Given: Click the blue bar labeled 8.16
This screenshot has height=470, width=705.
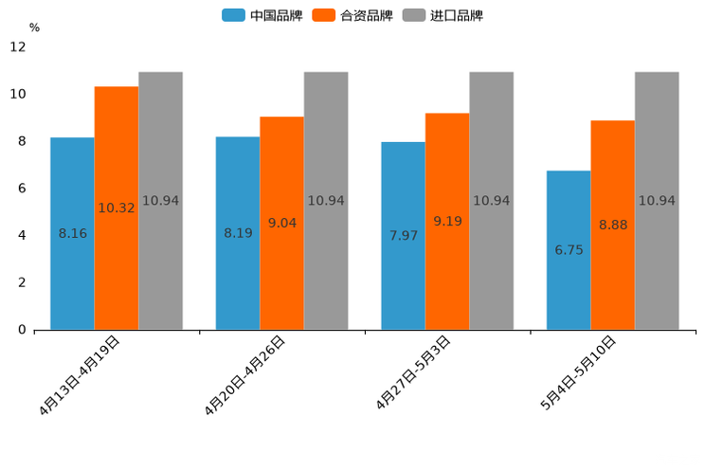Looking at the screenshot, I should coord(72,233).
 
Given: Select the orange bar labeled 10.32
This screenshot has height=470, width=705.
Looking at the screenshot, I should coord(117,208).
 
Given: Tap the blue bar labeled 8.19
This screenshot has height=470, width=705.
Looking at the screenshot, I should coord(238,233).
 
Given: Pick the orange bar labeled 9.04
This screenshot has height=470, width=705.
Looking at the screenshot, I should coord(281,223).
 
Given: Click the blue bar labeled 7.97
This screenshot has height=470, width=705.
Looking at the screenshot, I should coord(403,235).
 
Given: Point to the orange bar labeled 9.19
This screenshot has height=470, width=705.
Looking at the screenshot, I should coord(447,221).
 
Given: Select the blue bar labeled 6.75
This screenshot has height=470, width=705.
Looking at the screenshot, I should coord(569,250).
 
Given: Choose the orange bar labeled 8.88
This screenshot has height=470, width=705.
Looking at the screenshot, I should coord(612,225).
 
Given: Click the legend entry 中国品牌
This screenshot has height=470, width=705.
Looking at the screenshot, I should coord(262,15).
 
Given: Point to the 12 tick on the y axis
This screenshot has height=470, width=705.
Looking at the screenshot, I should coord(19,46).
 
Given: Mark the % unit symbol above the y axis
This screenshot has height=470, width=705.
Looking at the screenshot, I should coord(34,27).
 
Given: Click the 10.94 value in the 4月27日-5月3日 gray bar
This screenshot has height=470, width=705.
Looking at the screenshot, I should coord(491,201).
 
